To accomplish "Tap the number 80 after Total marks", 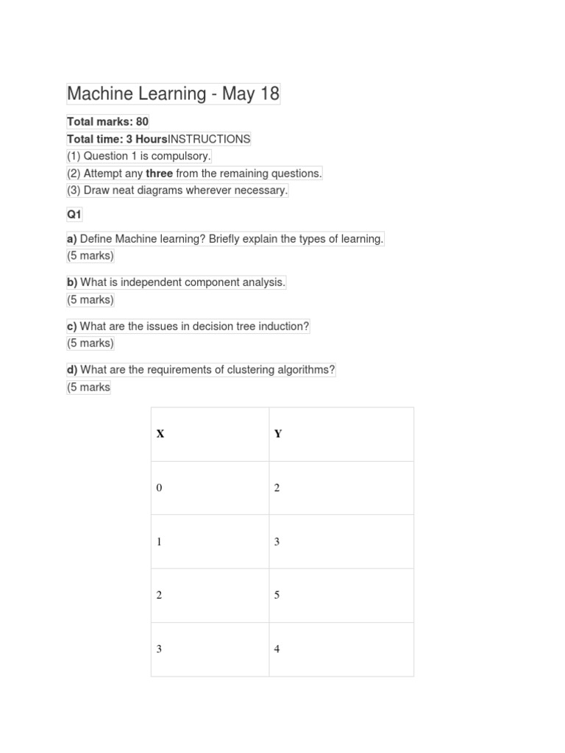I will pos(142,122).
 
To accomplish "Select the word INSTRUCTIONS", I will pos(209,139).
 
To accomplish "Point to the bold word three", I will pos(159,174).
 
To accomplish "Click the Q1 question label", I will pos(74,215).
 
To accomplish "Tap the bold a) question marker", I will pos(72,239).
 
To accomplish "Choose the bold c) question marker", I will pos(72,326).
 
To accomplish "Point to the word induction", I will pos(285,326).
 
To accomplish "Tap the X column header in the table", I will pos(160,434).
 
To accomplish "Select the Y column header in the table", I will pos(278,434).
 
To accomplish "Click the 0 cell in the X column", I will pos(159,488).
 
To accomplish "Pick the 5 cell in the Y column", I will pos(277,595).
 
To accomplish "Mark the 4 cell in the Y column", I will pos(277,649).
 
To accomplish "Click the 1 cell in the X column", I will pos(159,542).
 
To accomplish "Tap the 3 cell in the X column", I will pos(159,649).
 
